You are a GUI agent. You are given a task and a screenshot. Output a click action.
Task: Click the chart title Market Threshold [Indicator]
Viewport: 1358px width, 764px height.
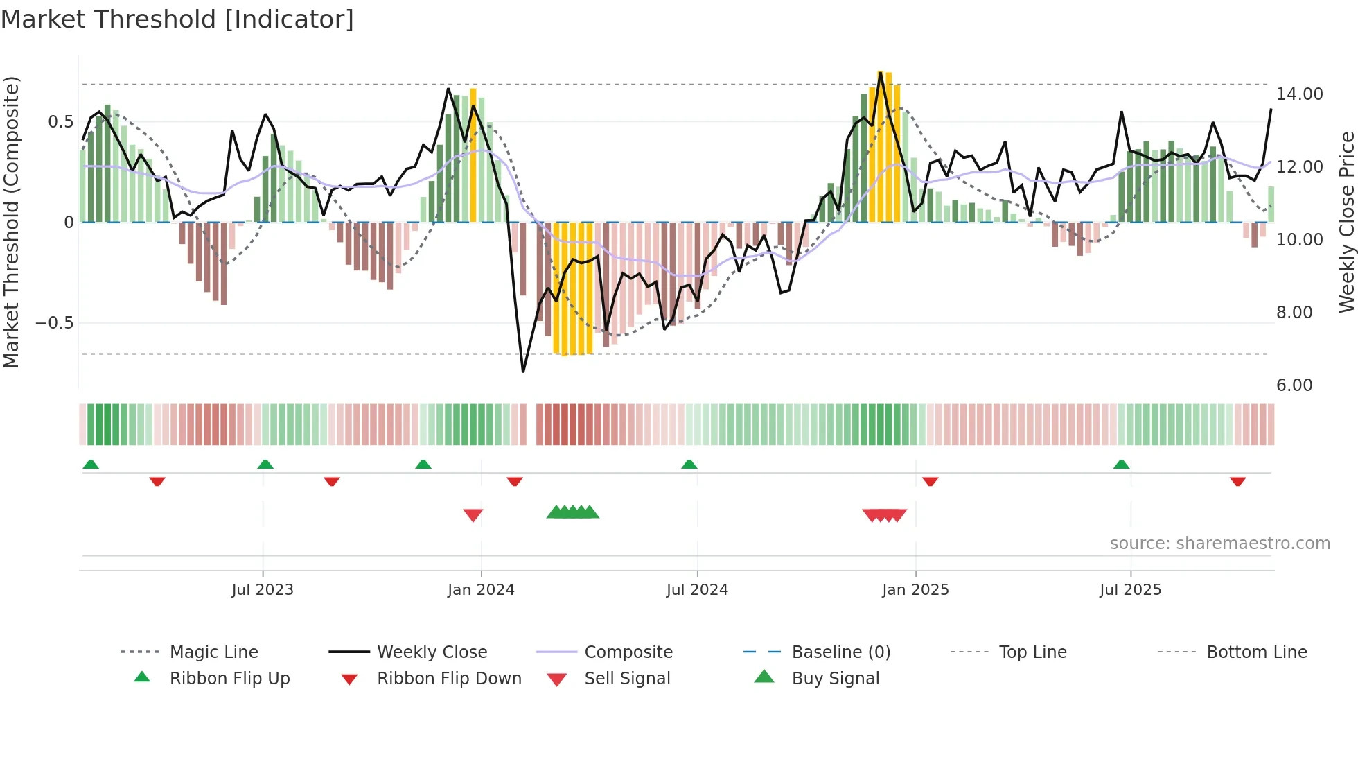pyautogui.click(x=177, y=19)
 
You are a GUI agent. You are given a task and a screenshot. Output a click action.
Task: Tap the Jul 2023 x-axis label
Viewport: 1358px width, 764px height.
pyautogui.click(x=263, y=590)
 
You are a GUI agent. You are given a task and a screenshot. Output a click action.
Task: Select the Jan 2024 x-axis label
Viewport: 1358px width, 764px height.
pyautogui.click(x=481, y=590)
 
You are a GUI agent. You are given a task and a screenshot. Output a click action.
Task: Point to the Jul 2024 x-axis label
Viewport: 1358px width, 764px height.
pyautogui.click(x=697, y=590)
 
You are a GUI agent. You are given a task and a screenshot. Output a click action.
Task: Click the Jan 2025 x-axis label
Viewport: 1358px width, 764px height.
pyautogui.click(x=915, y=590)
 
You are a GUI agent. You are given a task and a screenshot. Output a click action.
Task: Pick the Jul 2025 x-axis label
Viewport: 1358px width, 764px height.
pyautogui.click(x=1130, y=590)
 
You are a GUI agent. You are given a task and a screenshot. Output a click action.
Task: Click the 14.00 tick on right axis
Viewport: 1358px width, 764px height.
pyautogui.click(x=1299, y=94)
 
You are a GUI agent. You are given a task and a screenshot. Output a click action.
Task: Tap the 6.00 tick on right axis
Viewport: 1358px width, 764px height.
pyautogui.click(x=1294, y=385)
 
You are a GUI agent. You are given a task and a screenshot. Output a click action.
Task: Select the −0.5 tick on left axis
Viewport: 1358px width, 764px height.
pyautogui.click(x=54, y=323)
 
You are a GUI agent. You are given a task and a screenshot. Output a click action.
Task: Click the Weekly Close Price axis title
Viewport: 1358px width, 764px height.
pyautogui.click(x=1346, y=222)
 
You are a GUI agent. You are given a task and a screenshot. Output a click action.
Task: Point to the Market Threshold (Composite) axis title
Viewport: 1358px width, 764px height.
pyautogui.click(x=11, y=222)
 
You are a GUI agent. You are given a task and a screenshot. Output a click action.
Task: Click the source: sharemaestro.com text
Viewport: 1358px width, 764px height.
pyautogui.click(x=1219, y=544)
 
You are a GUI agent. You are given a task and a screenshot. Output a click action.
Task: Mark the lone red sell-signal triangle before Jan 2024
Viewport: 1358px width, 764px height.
pyautogui.click(x=473, y=515)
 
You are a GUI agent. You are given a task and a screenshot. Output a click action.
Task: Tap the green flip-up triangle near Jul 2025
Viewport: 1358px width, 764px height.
pyautogui.click(x=1121, y=465)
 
